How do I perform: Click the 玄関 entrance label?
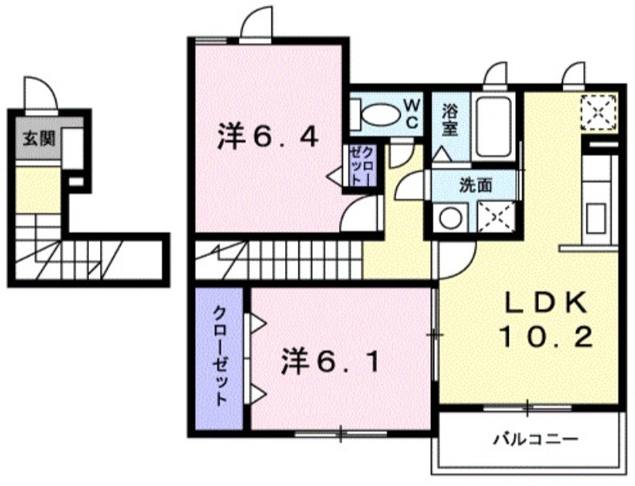[x=39, y=140]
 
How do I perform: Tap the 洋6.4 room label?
[x=268, y=138]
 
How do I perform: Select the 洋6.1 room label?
[x=331, y=362]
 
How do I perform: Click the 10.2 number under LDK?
[x=546, y=337]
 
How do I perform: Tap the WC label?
[x=411, y=113]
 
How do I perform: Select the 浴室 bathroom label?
[x=449, y=120]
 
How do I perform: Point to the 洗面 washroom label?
[x=476, y=186]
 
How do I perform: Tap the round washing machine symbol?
[x=450, y=218]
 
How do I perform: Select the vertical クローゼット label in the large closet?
[x=221, y=356]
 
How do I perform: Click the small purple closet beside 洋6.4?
[x=360, y=166]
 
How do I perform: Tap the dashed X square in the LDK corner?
[x=599, y=113]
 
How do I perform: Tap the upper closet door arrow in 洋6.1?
[x=257, y=323]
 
